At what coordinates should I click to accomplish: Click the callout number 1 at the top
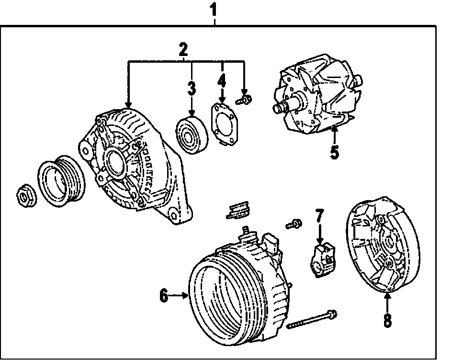(x=215, y=9)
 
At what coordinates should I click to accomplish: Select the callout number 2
(x=183, y=49)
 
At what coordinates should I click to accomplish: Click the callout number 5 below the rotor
(x=334, y=152)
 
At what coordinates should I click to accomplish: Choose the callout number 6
(x=164, y=297)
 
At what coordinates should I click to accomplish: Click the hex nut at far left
(x=24, y=195)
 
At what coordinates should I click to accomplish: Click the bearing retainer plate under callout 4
(x=224, y=124)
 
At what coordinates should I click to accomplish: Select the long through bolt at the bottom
(x=311, y=319)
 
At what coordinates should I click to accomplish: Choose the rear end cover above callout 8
(x=380, y=248)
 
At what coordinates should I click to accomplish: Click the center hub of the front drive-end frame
(x=115, y=162)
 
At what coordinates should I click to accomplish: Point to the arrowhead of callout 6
(x=188, y=297)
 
